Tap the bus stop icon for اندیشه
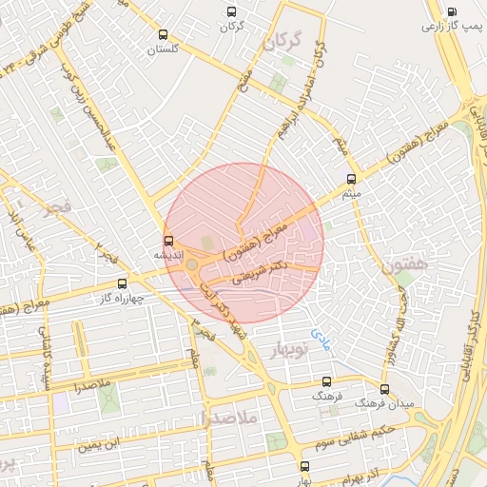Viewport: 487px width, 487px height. (x=168, y=241)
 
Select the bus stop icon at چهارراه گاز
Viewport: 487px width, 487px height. (x=122, y=283)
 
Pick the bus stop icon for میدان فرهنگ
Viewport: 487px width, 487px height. (x=384, y=389)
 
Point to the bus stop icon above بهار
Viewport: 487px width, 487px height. (x=304, y=466)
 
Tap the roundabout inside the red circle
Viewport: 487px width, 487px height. (x=193, y=265)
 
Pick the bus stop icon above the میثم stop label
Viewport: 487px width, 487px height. (x=352, y=178)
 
